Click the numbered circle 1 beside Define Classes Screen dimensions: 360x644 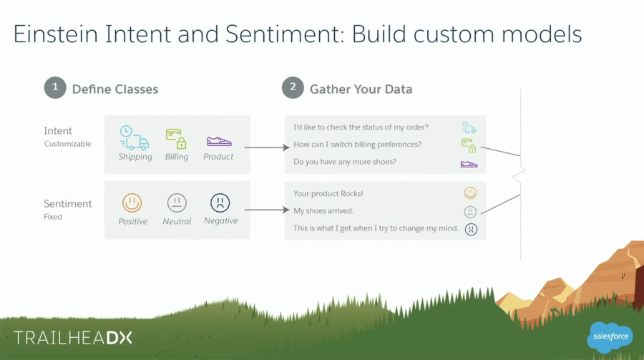[x=55, y=89]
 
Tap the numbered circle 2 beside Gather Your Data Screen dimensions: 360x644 [x=292, y=89]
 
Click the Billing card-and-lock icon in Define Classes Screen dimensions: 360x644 [x=176, y=137]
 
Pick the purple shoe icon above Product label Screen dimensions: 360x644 [x=218, y=141]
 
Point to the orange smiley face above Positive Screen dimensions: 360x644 [x=132, y=203]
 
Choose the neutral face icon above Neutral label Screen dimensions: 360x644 [x=176, y=203]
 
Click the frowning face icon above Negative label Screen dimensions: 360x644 [x=220, y=203]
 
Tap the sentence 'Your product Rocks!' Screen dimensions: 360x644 [x=328, y=194]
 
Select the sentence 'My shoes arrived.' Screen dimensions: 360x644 [x=323, y=211]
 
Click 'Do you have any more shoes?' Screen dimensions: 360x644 [x=345, y=162]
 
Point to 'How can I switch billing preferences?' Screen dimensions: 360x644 [x=357, y=145]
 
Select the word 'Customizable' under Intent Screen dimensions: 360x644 [x=67, y=144]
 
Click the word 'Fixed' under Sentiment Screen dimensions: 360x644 [x=53, y=216]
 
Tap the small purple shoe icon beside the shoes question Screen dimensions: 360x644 [x=469, y=164]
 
